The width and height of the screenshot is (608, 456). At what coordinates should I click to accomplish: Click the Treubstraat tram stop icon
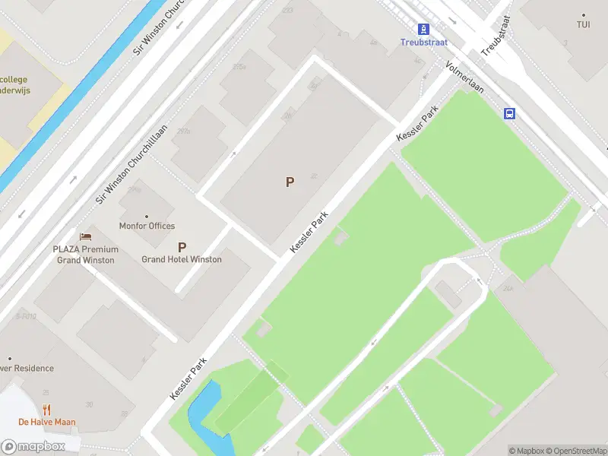(x=423, y=29)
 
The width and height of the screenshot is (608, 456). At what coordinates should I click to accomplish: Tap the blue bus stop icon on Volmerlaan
(x=509, y=113)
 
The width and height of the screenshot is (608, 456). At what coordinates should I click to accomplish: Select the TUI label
(x=583, y=25)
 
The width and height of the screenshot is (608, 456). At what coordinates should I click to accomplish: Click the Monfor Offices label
(x=147, y=226)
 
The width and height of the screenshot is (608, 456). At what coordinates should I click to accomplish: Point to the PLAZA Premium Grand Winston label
(x=85, y=255)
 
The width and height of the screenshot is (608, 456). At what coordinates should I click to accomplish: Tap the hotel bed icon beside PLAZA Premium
(x=85, y=237)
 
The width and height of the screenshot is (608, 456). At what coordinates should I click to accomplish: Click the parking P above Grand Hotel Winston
(x=182, y=246)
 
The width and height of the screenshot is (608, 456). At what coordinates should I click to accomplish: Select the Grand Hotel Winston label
(x=182, y=259)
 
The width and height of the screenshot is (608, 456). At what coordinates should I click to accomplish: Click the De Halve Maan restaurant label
(x=47, y=423)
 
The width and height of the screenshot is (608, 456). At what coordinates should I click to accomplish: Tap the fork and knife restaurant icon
(x=47, y=410)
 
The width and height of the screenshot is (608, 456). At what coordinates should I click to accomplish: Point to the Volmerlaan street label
(x=464, y=79)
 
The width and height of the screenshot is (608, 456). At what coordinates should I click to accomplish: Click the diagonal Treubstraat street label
(x=496, y=36)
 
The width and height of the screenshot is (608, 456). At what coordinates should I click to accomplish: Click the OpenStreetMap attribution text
(x=575, y=451)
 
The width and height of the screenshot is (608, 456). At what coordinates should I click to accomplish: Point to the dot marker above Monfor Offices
(x=147, y=216)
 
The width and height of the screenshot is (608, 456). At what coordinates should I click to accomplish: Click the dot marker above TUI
(x=583, y=15)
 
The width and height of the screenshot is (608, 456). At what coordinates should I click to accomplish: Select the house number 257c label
(x=182, y=131)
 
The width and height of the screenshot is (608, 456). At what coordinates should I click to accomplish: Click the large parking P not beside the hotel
(x=289, y=182)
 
